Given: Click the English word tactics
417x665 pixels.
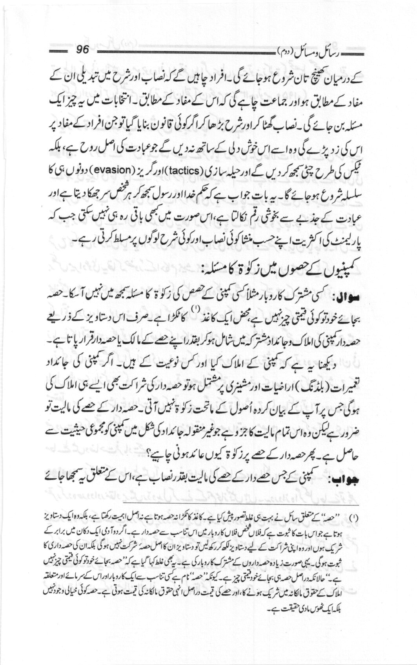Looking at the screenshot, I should pyautogui.click(x=181, y=170).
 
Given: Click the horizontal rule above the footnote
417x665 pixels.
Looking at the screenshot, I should pyautogui.click(x=240, y=504).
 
